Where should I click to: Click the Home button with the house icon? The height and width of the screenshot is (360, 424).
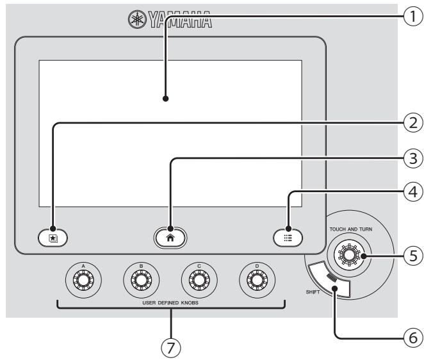point(170,238)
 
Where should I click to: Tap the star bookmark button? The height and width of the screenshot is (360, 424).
point(53,238)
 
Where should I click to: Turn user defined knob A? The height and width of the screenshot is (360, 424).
point(83,280)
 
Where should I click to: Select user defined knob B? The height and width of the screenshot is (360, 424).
point(142,280)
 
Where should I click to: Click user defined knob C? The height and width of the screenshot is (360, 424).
point(199,280)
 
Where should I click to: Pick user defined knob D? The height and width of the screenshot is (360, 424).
point(257,280)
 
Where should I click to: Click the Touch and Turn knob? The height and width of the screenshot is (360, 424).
point(349,255)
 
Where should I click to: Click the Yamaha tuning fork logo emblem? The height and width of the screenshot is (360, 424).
point(137,19)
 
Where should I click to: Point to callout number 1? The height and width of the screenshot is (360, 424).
point(413,16)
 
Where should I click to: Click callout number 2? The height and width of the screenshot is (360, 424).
point(413,123)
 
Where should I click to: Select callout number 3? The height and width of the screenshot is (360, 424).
point(413,158)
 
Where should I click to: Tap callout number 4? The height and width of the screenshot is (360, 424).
point(413,192)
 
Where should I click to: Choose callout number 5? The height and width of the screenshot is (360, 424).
point(413,256)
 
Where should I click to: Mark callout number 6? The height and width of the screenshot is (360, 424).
point(413,338)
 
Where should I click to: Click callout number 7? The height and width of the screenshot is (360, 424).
point(170,348)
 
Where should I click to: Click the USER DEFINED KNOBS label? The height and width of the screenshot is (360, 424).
point(170,302)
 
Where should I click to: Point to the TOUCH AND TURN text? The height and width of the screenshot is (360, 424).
point(351,229)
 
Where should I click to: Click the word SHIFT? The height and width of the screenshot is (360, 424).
point(313,292)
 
